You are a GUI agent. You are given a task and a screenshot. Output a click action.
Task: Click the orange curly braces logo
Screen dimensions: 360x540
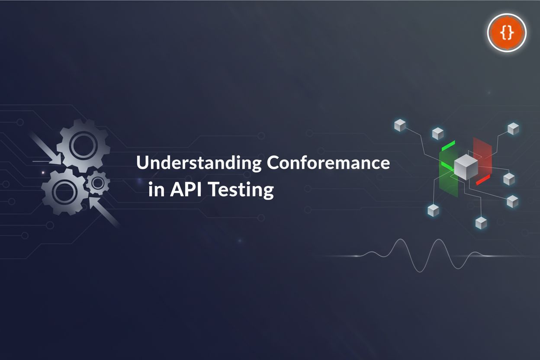pyautogui.click(x=507, y=32)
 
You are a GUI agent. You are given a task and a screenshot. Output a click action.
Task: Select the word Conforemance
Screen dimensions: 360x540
pyautogui.click(x=328, y=164)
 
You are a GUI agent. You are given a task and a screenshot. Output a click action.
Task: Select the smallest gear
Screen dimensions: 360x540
pyautogui.click(x=98, y=183)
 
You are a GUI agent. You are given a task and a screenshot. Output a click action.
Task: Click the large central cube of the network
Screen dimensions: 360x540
pyautogui.click(x=466, y=167)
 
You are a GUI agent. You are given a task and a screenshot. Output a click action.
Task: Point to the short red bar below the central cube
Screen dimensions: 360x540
pyautogui.click(x=482, y=180)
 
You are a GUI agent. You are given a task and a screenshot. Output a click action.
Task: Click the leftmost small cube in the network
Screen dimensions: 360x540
pyautogui.click(x=400, y=126)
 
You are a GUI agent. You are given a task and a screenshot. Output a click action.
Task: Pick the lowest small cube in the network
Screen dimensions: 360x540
pyautogui.click(x=481, y=223)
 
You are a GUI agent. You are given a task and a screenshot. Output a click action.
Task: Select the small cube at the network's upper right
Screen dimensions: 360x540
pyautogui.click(x=513, y=128)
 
